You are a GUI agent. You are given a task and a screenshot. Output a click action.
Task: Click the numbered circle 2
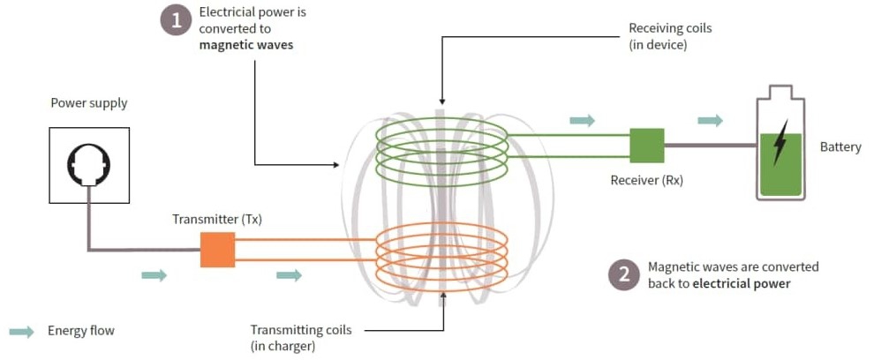coord(623,274)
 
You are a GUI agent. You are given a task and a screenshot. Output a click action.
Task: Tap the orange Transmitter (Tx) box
coord(217,249)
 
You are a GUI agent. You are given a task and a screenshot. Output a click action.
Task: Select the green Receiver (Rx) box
coord(647,146)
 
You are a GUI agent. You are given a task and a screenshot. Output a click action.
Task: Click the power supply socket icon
coord(89,164)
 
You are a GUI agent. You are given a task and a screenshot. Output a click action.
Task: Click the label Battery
coord(840,147)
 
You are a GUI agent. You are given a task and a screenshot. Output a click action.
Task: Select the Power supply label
coord(88,103)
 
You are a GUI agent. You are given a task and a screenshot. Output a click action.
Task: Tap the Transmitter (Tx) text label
coord(217,218)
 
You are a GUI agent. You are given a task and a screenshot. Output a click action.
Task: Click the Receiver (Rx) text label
coord(646,181)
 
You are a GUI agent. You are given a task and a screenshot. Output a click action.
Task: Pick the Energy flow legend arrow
coord(22,332)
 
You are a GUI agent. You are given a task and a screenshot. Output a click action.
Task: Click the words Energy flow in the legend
coord(81,332)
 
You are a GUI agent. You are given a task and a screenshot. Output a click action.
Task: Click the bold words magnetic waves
coord(246,46)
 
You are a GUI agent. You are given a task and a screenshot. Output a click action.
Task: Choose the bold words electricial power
coord(742,284)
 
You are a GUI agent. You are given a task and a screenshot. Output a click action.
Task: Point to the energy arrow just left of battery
coord(710,121)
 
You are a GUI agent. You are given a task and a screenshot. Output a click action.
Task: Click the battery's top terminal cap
coord(780,92)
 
